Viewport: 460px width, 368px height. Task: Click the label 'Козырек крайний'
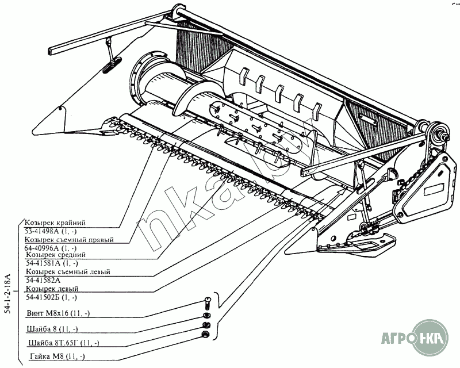click(56, 221)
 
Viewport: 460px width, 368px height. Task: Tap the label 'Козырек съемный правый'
click(70, 239)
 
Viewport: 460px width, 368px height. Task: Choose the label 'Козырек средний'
click(56, 254)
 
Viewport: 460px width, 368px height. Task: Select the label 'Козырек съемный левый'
click(68, 271)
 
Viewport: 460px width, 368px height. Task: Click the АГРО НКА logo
click(413, 338)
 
